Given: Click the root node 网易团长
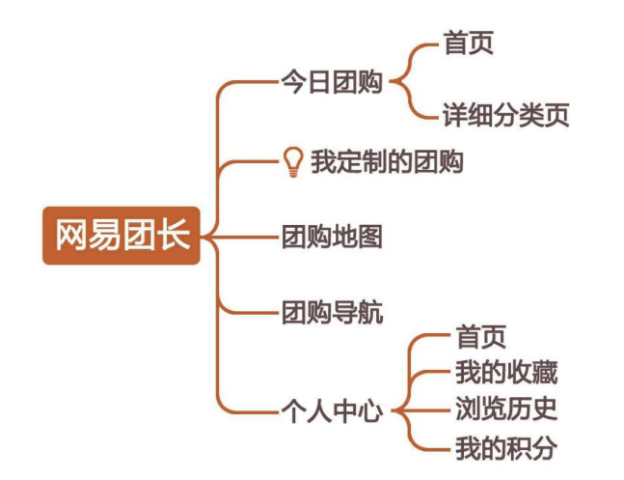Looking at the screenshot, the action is coord(122,235).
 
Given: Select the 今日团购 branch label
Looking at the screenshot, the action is coord(332,82).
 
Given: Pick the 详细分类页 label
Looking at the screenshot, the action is coord(505,115).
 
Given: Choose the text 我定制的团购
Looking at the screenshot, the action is coord(387,161).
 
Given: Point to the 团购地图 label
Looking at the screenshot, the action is coord(332,236).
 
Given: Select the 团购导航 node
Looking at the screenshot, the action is coord(332,312).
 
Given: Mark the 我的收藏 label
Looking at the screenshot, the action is coord(505,372).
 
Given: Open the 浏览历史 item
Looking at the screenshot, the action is coord(505,409).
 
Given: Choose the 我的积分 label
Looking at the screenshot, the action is coord(505,446).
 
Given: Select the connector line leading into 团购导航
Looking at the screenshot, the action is coord(251,312).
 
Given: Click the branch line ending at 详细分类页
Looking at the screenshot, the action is coord(425,115).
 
